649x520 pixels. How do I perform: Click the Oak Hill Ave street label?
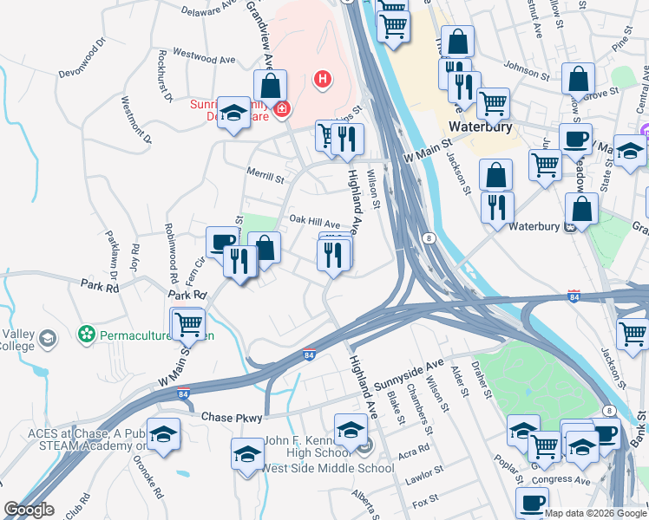(314, 224)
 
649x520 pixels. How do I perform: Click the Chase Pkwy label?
(231, 418)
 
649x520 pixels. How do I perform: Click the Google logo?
(29, 510)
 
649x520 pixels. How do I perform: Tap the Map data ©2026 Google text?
(594, 513)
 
